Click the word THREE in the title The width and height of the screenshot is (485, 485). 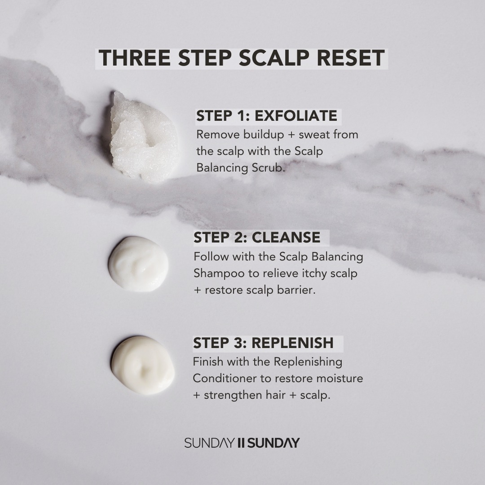(x=135, y=58)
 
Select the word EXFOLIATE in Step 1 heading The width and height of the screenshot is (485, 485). (x=295, y=116)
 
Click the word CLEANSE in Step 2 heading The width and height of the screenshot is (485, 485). (x=286, y=238)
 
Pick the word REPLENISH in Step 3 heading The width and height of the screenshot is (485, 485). (x=292, y=343)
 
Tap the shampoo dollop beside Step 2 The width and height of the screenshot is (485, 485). (x=138, y=264)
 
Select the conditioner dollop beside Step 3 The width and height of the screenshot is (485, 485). (x=143, y=365)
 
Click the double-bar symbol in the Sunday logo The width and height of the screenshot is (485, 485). (x=241, y=443)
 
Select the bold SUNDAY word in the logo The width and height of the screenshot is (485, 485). (x=273, y=443)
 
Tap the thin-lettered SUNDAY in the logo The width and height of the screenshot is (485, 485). (x=209, y=443)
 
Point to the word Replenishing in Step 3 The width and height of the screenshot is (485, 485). (x=308, y=362)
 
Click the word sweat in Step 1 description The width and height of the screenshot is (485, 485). (x=311, y=135)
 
